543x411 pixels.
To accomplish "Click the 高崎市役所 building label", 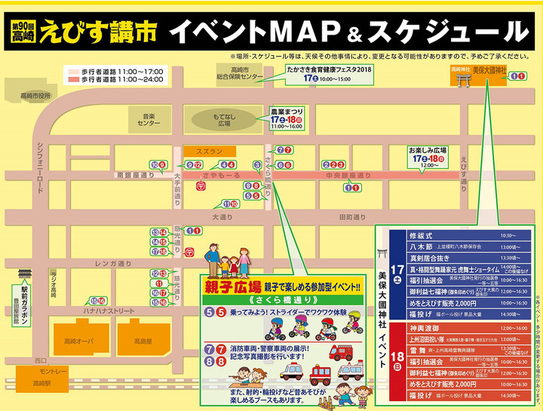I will pos(35,96).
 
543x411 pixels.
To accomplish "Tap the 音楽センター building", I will pos(149,119).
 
